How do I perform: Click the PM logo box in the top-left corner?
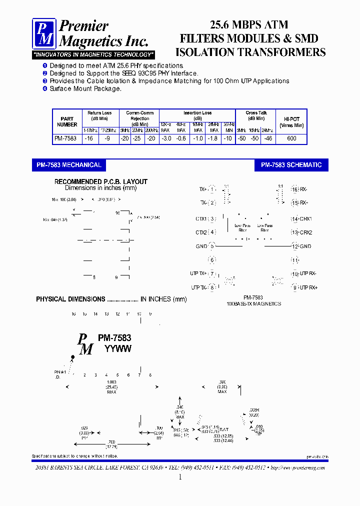(x=44, y=34)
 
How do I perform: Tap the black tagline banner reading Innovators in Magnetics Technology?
(x=93, y=54)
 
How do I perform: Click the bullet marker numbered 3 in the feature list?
(x=44, y=80)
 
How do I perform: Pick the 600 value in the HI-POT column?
(x=291, y=138)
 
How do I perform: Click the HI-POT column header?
(x=291, y=122)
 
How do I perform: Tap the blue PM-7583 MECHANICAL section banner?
(x=69, y=165)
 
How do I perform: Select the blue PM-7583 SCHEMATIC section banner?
(x=291, y=165)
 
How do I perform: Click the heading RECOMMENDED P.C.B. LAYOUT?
(x=100, y=182)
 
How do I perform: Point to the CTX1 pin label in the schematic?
(x=202, y=219)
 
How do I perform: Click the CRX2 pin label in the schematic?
(x=305, y=232)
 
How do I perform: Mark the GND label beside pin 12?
(x=305, y=246)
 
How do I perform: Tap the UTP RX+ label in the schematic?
(x=308, y=287)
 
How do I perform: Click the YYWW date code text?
(x=117, y=349)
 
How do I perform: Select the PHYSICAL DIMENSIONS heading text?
(x=70, y=299)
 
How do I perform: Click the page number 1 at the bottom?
(x=180, y=477)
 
